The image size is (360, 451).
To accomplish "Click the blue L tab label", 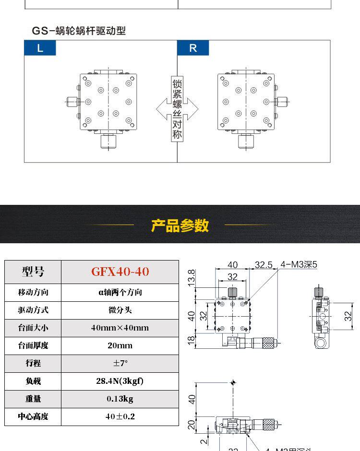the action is point(40,48).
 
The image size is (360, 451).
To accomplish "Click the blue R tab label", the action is point(193,48).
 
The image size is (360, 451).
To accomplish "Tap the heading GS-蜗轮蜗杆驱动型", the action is point(79,31).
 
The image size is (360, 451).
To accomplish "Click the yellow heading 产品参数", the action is point(180,225).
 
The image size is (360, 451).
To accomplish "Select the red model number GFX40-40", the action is point(120,272).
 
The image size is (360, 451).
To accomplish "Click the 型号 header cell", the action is point(33,272).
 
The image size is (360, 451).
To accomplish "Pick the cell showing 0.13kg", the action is point(120,399).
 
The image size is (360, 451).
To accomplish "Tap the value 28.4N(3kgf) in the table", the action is point(120,381).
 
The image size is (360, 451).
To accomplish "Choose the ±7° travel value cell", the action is point(120,363).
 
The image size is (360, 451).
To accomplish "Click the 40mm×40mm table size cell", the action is point(120,328).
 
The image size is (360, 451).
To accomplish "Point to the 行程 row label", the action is point(33,363).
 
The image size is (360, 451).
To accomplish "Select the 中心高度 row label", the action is point(33,416).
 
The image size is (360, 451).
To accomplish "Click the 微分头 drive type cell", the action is point(120,310).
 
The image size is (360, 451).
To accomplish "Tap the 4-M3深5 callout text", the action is point(299,264).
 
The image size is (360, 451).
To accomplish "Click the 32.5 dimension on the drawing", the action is point(264,265).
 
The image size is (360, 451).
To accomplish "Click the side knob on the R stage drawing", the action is point(282,102).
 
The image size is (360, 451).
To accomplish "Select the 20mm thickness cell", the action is point(120,345).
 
